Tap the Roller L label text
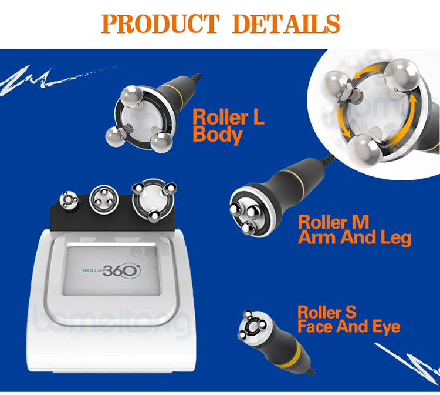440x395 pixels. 229,117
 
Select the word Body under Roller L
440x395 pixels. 217,135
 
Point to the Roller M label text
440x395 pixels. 333,222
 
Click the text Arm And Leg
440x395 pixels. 354,237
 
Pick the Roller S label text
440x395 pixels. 327,312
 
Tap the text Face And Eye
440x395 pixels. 348,326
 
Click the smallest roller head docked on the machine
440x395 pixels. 70,201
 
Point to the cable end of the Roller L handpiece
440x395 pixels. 197,77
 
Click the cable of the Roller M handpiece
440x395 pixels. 326,160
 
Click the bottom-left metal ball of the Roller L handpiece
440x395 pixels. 116,135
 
